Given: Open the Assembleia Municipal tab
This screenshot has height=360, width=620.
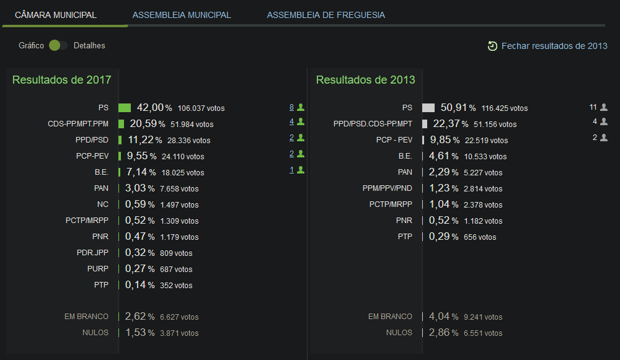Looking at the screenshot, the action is coord(182,15).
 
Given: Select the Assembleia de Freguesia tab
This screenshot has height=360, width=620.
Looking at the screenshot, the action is coord(326,15).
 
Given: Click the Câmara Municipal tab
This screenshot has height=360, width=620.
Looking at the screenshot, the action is coord(56,15).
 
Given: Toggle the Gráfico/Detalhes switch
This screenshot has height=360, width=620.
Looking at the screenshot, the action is coord(58,45).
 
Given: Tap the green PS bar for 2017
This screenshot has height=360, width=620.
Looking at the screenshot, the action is coord(125,108).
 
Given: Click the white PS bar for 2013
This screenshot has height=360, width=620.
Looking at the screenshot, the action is coord(428,108).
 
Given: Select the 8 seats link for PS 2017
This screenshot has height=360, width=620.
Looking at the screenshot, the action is coord(291,107).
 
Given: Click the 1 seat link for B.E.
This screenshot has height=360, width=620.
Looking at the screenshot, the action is coord(291,170).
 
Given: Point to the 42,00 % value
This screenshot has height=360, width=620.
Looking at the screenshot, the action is coord(154,107).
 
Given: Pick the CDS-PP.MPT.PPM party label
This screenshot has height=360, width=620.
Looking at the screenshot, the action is coord(78,124).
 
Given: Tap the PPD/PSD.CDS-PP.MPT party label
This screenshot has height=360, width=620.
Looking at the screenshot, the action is coord(373,124).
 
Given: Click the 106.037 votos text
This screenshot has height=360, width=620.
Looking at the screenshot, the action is coord(201,108).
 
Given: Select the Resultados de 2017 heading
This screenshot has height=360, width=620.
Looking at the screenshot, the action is coord(61,80).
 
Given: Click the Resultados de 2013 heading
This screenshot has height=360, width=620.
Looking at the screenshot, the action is coord(365,80).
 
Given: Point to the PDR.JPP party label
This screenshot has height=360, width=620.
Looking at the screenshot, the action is coord(92,253).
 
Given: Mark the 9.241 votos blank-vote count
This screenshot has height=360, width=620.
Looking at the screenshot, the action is coord(483,317).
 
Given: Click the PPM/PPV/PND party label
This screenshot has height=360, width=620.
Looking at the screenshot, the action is coord(387,188).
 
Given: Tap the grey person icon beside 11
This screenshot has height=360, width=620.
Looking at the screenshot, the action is coord(604,107).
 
